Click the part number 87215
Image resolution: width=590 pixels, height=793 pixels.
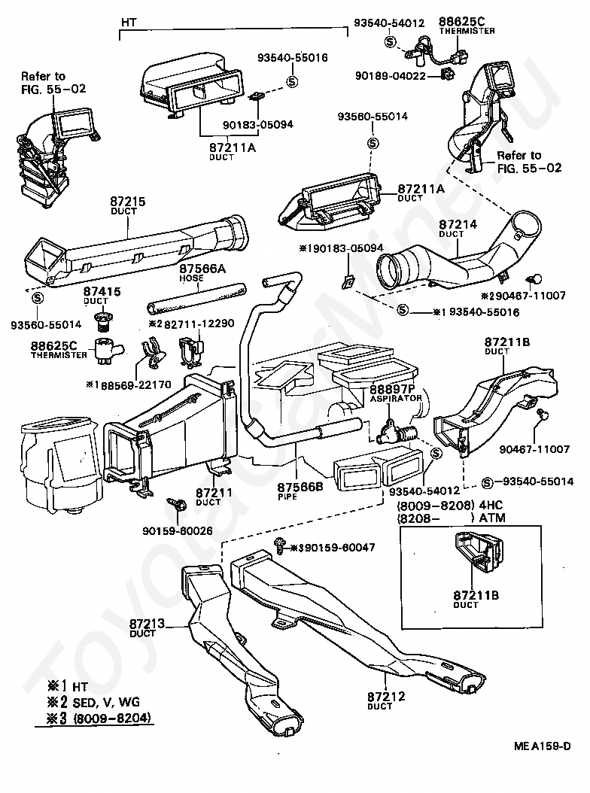[x=127, y=202]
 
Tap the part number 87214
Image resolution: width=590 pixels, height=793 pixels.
[x=458, y=224]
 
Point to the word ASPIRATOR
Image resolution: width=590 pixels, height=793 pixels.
[x=396, y=399]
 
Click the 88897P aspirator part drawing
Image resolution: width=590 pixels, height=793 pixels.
[x=398, y=431]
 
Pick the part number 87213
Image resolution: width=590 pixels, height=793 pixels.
[x=147, y=624]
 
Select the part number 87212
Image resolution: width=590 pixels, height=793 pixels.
[x=386, y=697]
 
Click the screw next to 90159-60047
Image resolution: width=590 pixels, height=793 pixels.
[x=278, y=545]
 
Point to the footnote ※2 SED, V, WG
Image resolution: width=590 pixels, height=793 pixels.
[x=93, y=702]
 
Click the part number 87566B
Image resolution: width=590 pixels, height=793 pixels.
[x=300, y=487]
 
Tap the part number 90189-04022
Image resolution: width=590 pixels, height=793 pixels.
[x=391, y=76]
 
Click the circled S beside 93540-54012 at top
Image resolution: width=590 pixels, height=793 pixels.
[x=390, y=41]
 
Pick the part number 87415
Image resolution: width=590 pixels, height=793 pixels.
[x=102, y=291]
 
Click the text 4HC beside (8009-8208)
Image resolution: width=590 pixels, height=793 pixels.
[x=491, y=505]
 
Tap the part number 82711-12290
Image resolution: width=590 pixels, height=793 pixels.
[x=199, y=324]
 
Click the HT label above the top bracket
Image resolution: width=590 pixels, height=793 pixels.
[x=129, y=23]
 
